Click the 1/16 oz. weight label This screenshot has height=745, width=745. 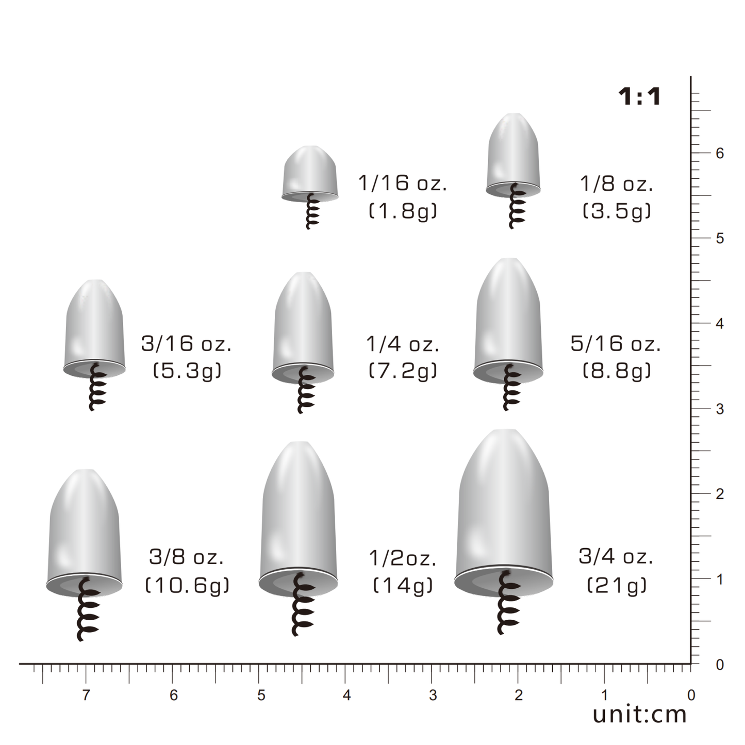[403, 183]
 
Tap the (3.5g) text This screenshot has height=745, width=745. [617, 211]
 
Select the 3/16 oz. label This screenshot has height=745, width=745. [186, 343]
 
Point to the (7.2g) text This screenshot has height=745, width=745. [403, 371]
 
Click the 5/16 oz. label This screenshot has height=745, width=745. [616, 343]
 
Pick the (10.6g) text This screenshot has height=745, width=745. [187, 585]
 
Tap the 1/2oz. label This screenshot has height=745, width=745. [403, 558]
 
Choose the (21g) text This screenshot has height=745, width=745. [617, 585]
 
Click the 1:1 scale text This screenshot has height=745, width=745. [639, 96]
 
